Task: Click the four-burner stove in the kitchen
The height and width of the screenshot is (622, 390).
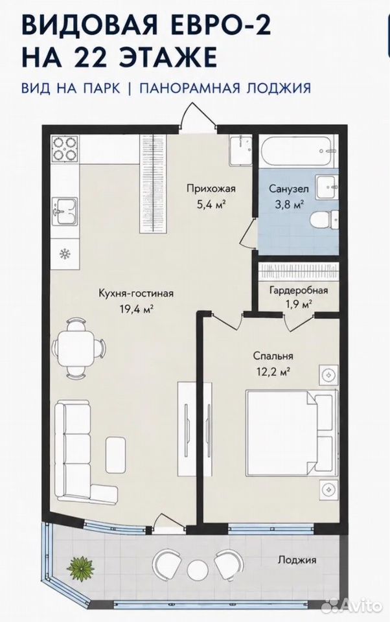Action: [x=65, y=148]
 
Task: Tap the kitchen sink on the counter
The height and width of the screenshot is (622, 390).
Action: [x=65, y=211]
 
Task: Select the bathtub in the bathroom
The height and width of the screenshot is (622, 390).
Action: [x=295, y=151]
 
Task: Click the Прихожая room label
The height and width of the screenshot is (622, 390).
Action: [x=211, y=189]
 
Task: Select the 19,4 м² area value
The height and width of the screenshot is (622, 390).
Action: [x=137, y=309]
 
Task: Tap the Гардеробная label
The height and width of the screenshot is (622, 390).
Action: [x=299, y=290]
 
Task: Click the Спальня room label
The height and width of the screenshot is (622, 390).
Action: [x=273, y=356]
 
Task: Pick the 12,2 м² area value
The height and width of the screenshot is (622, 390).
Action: [x=273, y=372]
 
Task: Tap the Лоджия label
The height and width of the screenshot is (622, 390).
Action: [x=297, y=560]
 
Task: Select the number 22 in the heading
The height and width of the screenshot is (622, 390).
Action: [x=89, y=56]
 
